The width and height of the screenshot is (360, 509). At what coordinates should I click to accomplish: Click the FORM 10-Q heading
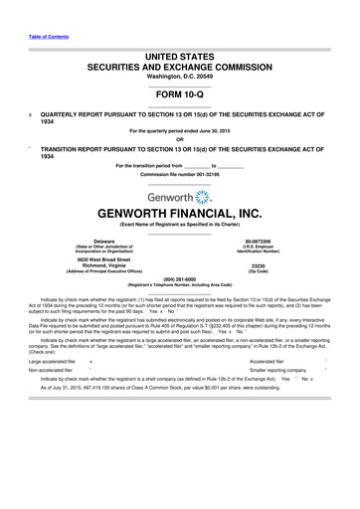tap(179, 98)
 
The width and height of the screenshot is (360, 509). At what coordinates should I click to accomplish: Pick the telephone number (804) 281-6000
tap(179, 279)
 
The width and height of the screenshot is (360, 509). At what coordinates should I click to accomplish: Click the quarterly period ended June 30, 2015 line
tap(179, 130)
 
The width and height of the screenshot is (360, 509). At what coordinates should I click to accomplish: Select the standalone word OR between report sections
tap(179, 138)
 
